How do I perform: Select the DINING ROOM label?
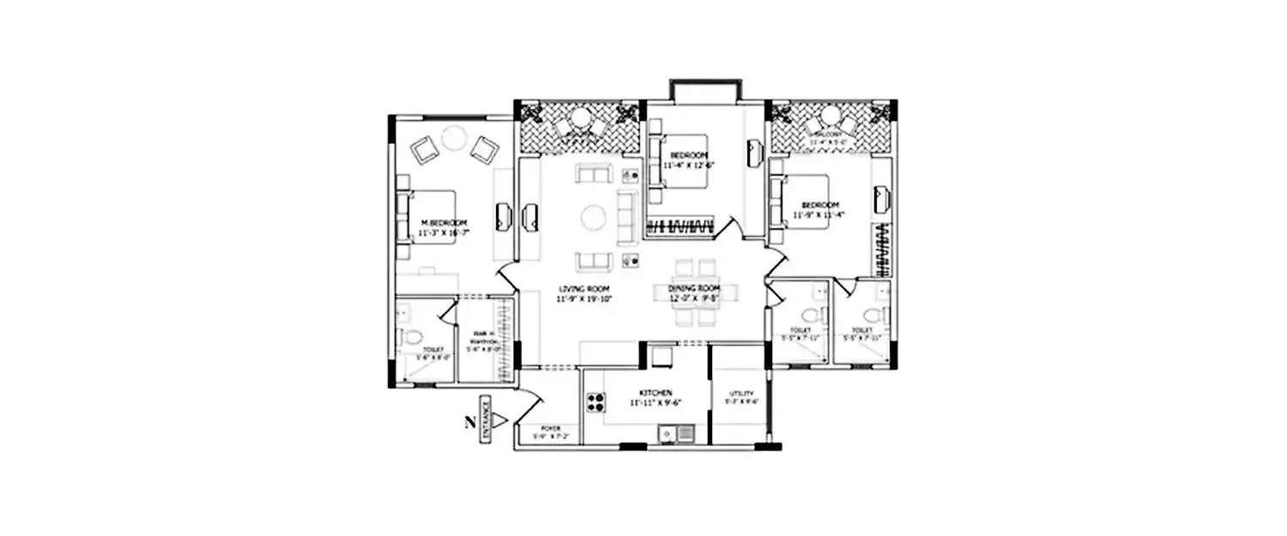(x=694, y=289)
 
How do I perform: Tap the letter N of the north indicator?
(x=468, y=420)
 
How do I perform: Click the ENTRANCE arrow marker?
(x=503, y=419)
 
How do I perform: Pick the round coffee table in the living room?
(x=594, y=216)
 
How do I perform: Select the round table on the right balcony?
(x=830, y=117)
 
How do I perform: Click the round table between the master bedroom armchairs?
(x=452, y=137)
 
